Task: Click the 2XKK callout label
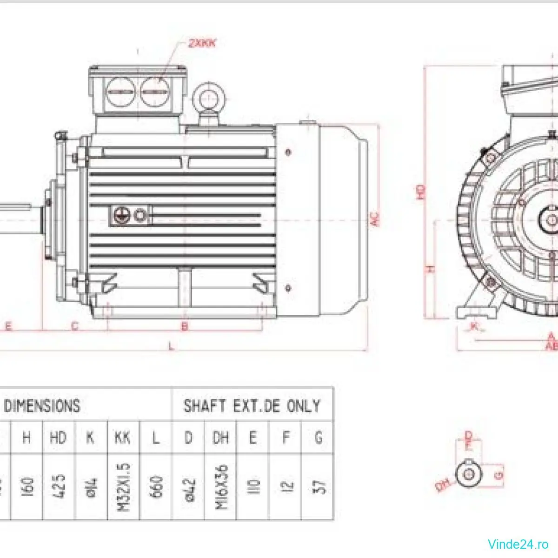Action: [x=202, y=43]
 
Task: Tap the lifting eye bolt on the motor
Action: [x=208, y=97]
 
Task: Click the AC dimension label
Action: [x=375, y=219]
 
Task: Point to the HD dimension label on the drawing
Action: [x=420, y=192]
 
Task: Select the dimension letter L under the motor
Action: [x=171, y=346]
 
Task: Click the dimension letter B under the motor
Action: [x=185, y=326]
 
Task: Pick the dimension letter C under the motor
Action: [x=74, y=326]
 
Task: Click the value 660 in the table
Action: [x=157, y=486]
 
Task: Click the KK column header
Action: [x=123, y=438]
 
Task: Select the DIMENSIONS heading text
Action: [x=42, y=406]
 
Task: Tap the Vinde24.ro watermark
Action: [x=518, y=544]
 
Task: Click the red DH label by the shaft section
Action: [x=442, y=486]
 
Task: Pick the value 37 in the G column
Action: [x=319, y=486]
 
